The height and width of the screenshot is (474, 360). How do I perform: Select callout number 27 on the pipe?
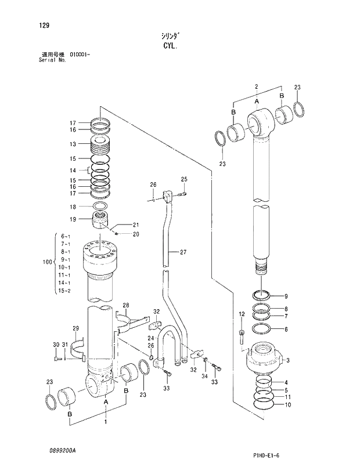182,252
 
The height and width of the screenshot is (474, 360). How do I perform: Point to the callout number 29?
75,329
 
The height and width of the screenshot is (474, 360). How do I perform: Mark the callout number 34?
204,376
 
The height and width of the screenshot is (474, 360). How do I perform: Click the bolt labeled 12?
242,335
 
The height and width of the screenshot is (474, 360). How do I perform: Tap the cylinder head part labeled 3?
264,357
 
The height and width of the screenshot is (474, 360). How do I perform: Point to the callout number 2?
256,86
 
